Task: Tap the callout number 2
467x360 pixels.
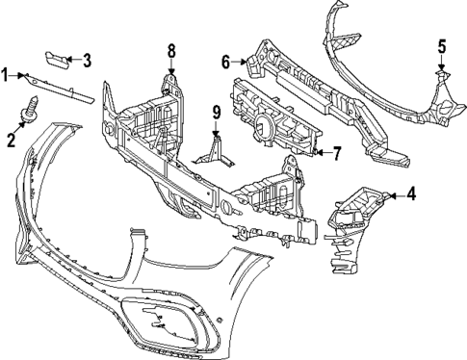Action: coord(12,141)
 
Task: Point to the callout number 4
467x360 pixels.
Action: coord(411,193)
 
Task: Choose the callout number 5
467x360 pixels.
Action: coord(442,45)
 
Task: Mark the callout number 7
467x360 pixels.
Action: coord(337,152)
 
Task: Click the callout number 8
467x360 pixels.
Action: coord(171,50)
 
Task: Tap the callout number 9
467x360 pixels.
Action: coord(217,113)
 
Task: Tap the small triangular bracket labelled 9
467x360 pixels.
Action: coord(214,152)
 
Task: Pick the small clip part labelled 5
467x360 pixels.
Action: coord(441,73)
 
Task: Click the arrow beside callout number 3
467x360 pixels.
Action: coord(73,62)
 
